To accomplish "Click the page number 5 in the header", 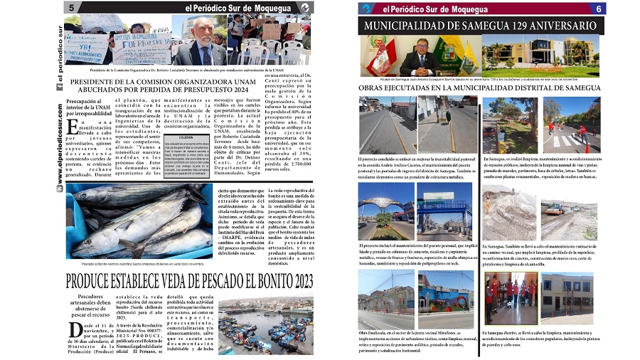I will tap(73, 7).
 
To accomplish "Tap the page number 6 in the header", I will tap(599, 9).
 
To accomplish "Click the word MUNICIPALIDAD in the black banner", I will tap(407, 26).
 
